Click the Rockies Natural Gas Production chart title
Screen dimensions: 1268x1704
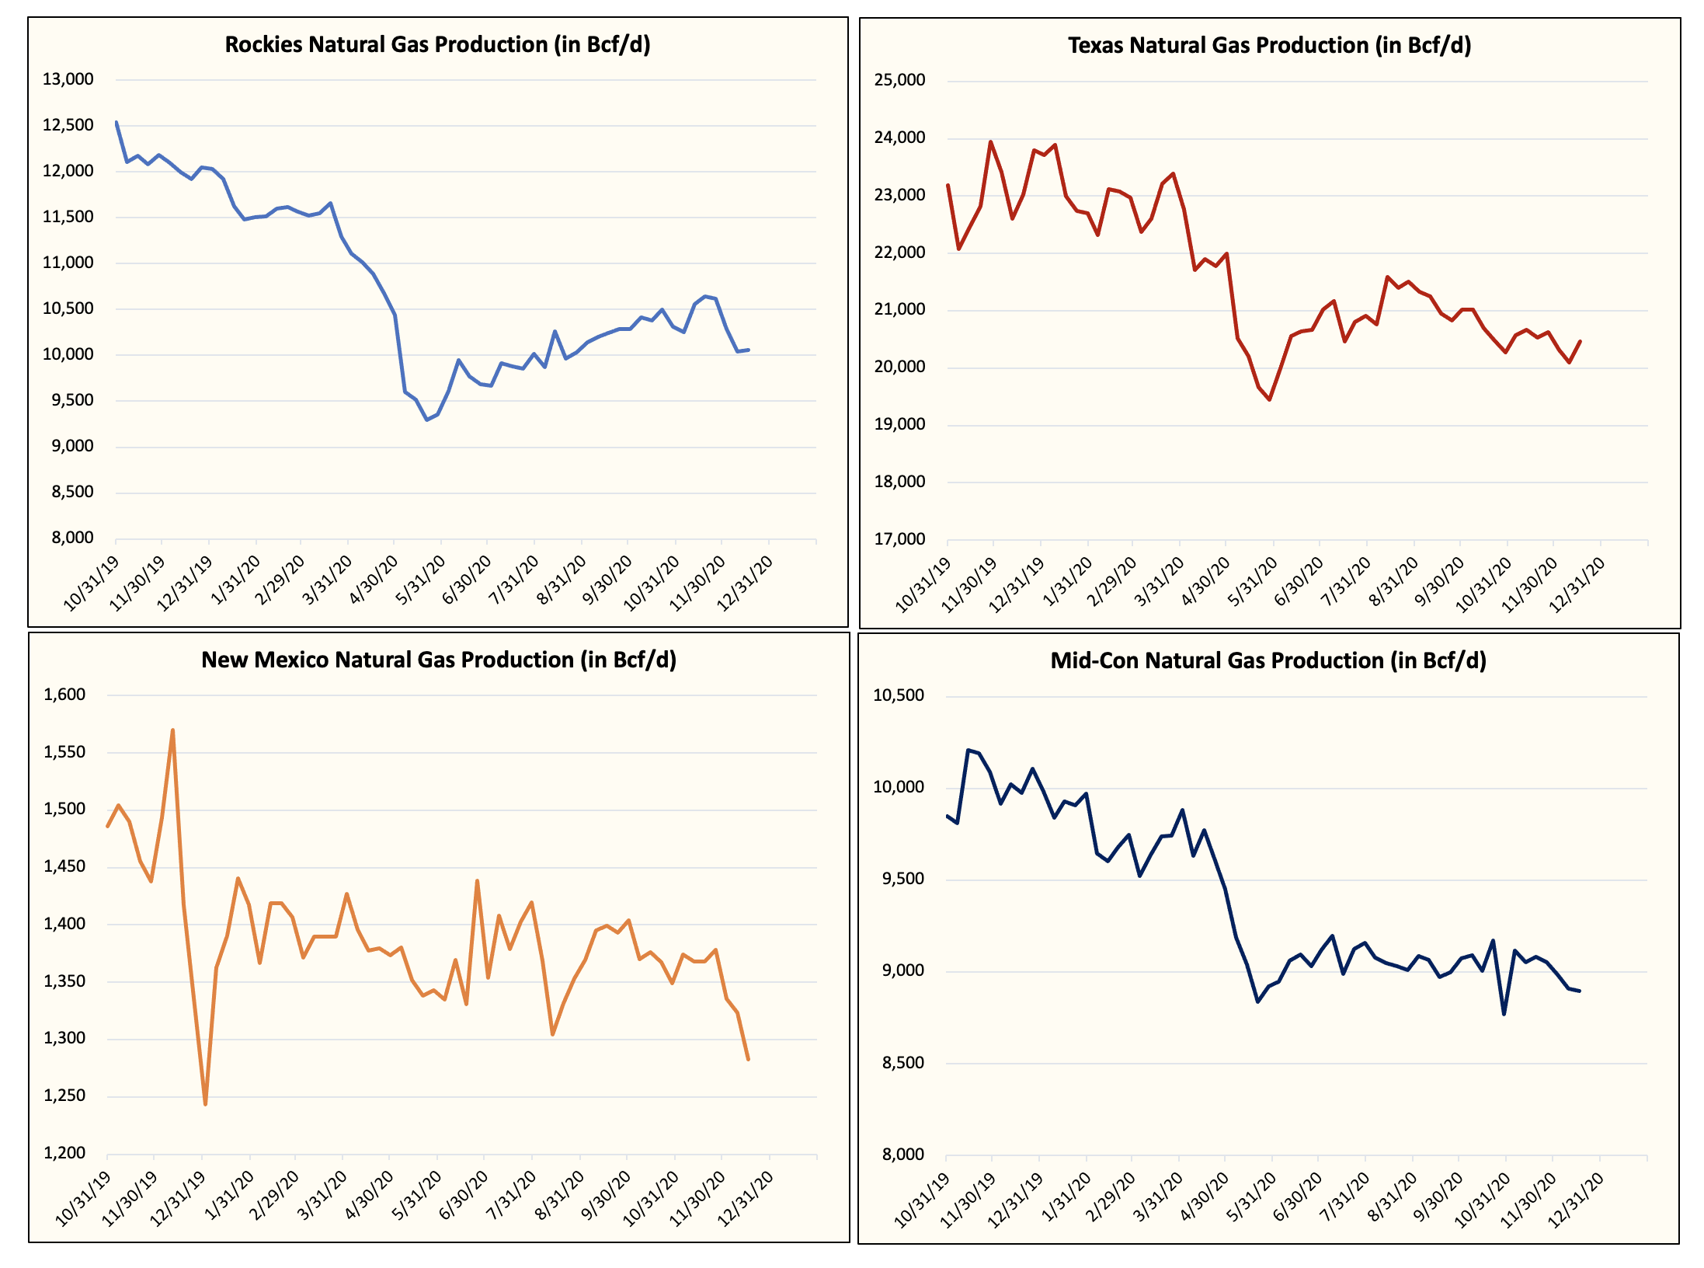click(x=437, y=44)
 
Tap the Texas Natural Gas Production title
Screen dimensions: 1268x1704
click(x=1269, y=45)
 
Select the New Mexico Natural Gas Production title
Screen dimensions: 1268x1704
click(x=439, y=660)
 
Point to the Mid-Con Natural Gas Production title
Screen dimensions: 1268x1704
click(x=1268, y=660)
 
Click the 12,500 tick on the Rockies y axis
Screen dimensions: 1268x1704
click(x=68, y=125)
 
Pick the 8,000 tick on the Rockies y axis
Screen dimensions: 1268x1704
click(x=71, y=538)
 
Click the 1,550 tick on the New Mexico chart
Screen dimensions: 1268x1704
click(x=64, y=752)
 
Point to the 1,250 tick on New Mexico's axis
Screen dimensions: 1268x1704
click(x=64, y=1096)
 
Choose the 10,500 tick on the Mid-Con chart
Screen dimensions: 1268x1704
click(x=899, y=695)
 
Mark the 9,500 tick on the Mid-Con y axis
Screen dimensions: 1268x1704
click(x=902, y=879)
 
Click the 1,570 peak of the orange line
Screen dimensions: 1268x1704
click(x=172, y=730)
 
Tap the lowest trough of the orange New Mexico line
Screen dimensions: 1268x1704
click(x=205, y=1104)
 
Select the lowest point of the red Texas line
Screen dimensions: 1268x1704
click(x=1270, y=399)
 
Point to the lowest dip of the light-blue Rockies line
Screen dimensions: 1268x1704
click(x=426, y=420)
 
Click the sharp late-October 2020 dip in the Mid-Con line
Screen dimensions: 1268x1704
click(x=1504, y=1014)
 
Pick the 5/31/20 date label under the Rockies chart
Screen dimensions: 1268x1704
click(x=421, y=581)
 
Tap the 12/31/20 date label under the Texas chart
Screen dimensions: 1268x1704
click(x=1577, y=585)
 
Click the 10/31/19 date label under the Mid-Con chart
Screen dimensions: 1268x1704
click(x=922, y=1200)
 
